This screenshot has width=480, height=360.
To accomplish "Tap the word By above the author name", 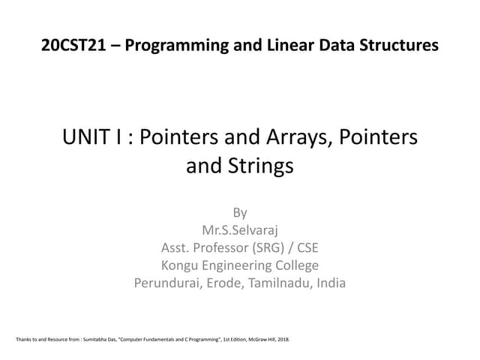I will tap(240, 212).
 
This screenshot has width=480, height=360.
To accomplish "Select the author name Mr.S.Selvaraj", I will tap(240, 230).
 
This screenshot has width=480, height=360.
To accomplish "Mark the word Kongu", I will tap(182, 265).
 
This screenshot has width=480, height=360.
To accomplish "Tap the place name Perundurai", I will tap(169, 283).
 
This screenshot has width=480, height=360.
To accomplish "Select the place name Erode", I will tap(230, 283).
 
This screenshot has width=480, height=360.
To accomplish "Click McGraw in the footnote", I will tap(253, 340).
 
